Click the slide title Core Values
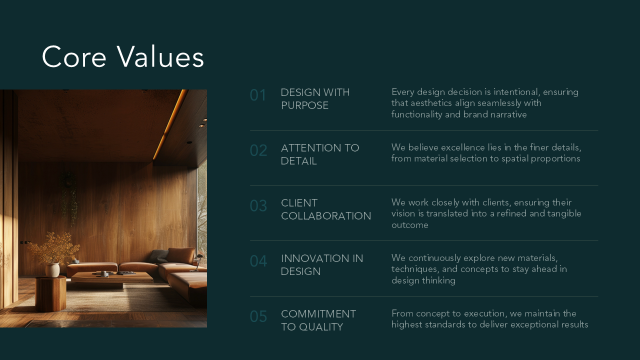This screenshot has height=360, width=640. click(x=123, y=56)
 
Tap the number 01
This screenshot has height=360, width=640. click(x=258, y=95)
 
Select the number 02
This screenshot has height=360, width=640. click(x=258, y=150)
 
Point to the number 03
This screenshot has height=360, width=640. click(x=258, y=205)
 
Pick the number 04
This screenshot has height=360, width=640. click(x=258, y=261)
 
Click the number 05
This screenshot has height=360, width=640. click(x=258, y=316)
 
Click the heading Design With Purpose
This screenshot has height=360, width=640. click(x=315, y=99)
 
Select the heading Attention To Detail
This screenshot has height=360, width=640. click(x=320, y=154)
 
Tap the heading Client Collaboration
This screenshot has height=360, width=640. click(x=326, y=209)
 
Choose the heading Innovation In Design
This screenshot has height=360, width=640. click(x=322, y=265)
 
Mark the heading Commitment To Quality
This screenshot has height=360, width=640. click(x=318, y=320)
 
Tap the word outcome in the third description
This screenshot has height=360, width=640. click(x=409, y=225)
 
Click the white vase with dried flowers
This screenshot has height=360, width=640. click(x=52, y=269)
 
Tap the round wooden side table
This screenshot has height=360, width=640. click(x=51, y=293)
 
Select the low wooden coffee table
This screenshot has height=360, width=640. click(x=112, y=278)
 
